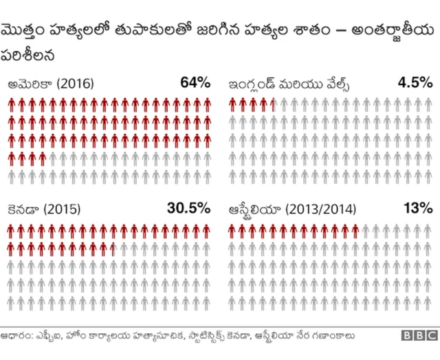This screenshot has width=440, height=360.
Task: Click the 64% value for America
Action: tap(195, 83)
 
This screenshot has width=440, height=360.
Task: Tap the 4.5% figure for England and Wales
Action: tap(415, 83)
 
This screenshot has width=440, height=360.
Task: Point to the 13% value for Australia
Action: tap(418, 208)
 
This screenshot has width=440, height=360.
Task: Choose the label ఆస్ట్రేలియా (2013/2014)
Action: tap(291, 210)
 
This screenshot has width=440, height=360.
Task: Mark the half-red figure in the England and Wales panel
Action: tap(274, 105)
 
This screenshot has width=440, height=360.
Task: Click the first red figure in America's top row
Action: tap(12, 105)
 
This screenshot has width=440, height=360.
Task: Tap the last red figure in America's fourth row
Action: tap(43, 159)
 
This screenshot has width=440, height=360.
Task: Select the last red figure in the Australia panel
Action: tap(355, 230)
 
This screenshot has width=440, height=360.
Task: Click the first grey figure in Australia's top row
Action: tap(366, 230)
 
